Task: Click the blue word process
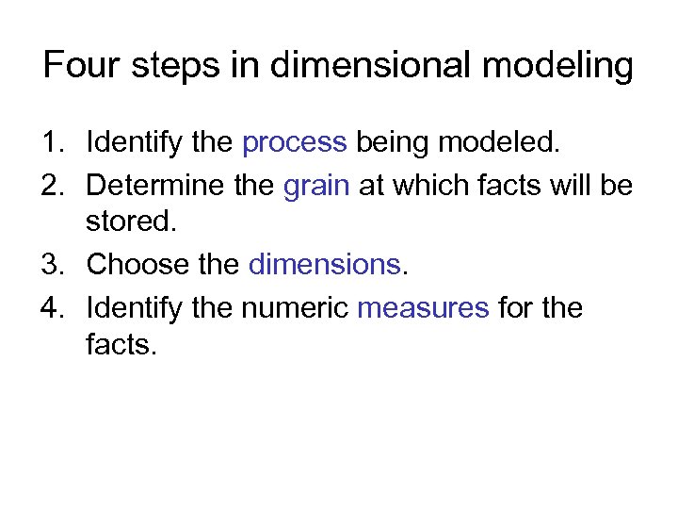coord(295,143)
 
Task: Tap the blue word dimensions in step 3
coord(325,265)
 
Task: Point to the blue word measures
coord(424,307)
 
